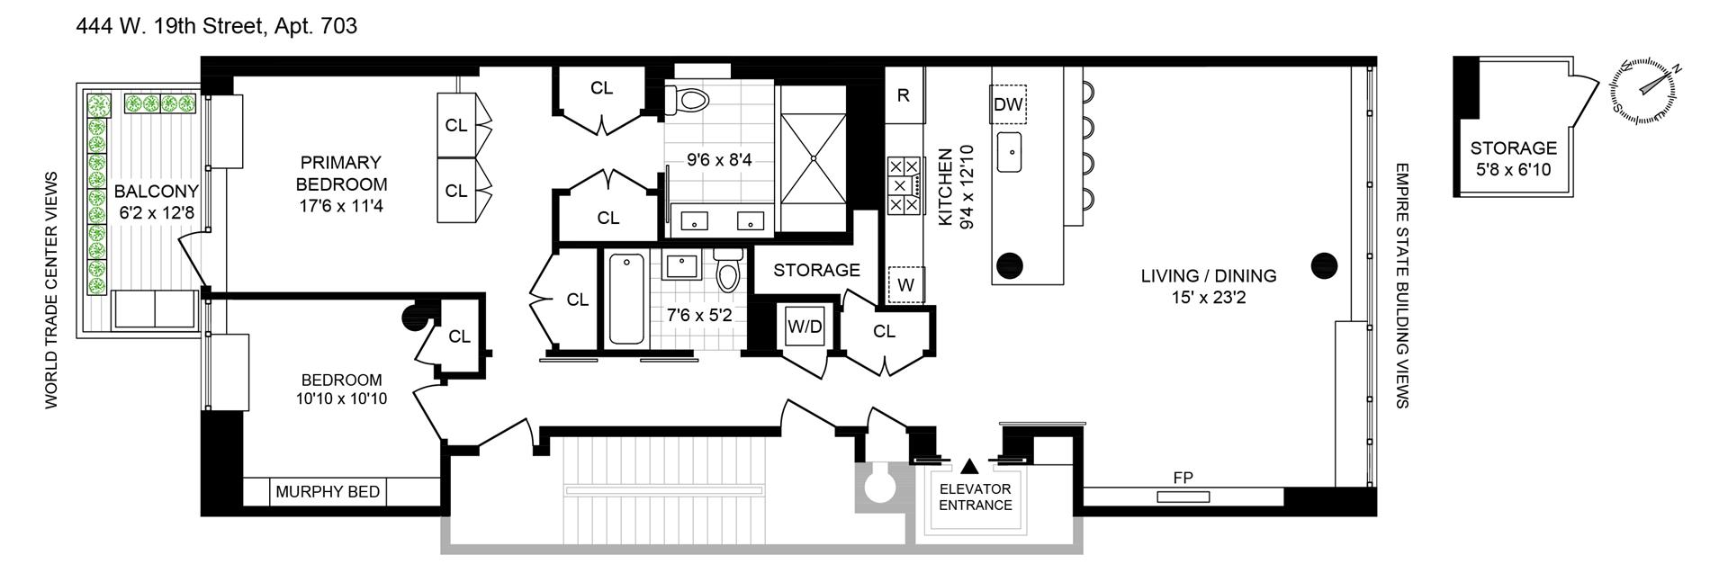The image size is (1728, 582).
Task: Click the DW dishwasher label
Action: click(x=1008, y=104)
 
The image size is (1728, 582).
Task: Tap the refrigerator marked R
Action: click(x=903, y=95)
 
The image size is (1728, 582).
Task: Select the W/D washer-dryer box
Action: click(x=805, y=327)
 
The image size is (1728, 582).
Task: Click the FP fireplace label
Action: click(x=1183, y=479)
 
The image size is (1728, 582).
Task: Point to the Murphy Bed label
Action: click(x=328, y=492)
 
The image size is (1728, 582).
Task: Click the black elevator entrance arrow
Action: click(x=969, y=465)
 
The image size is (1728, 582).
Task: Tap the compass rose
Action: click(x=1643, y=93)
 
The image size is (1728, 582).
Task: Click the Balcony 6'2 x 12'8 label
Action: click(x=156, y=201)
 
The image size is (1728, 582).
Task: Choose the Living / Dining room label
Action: click(x=1208, y=285)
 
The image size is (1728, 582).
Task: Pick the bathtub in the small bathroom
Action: click(x=626, y=300)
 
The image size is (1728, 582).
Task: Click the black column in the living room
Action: click(x=1324, y=265)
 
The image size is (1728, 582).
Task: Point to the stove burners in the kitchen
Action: click(x=904, y=185)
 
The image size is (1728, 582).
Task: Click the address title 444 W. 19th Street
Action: click(x=216, y=27)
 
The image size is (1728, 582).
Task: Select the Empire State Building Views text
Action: click(x=1400, y=285)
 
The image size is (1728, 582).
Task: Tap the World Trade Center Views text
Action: click(x=51, y=290)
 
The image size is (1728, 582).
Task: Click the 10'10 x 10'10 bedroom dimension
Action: click(x=341, y=398)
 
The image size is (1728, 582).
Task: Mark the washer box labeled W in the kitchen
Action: click(x=905, y=285)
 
